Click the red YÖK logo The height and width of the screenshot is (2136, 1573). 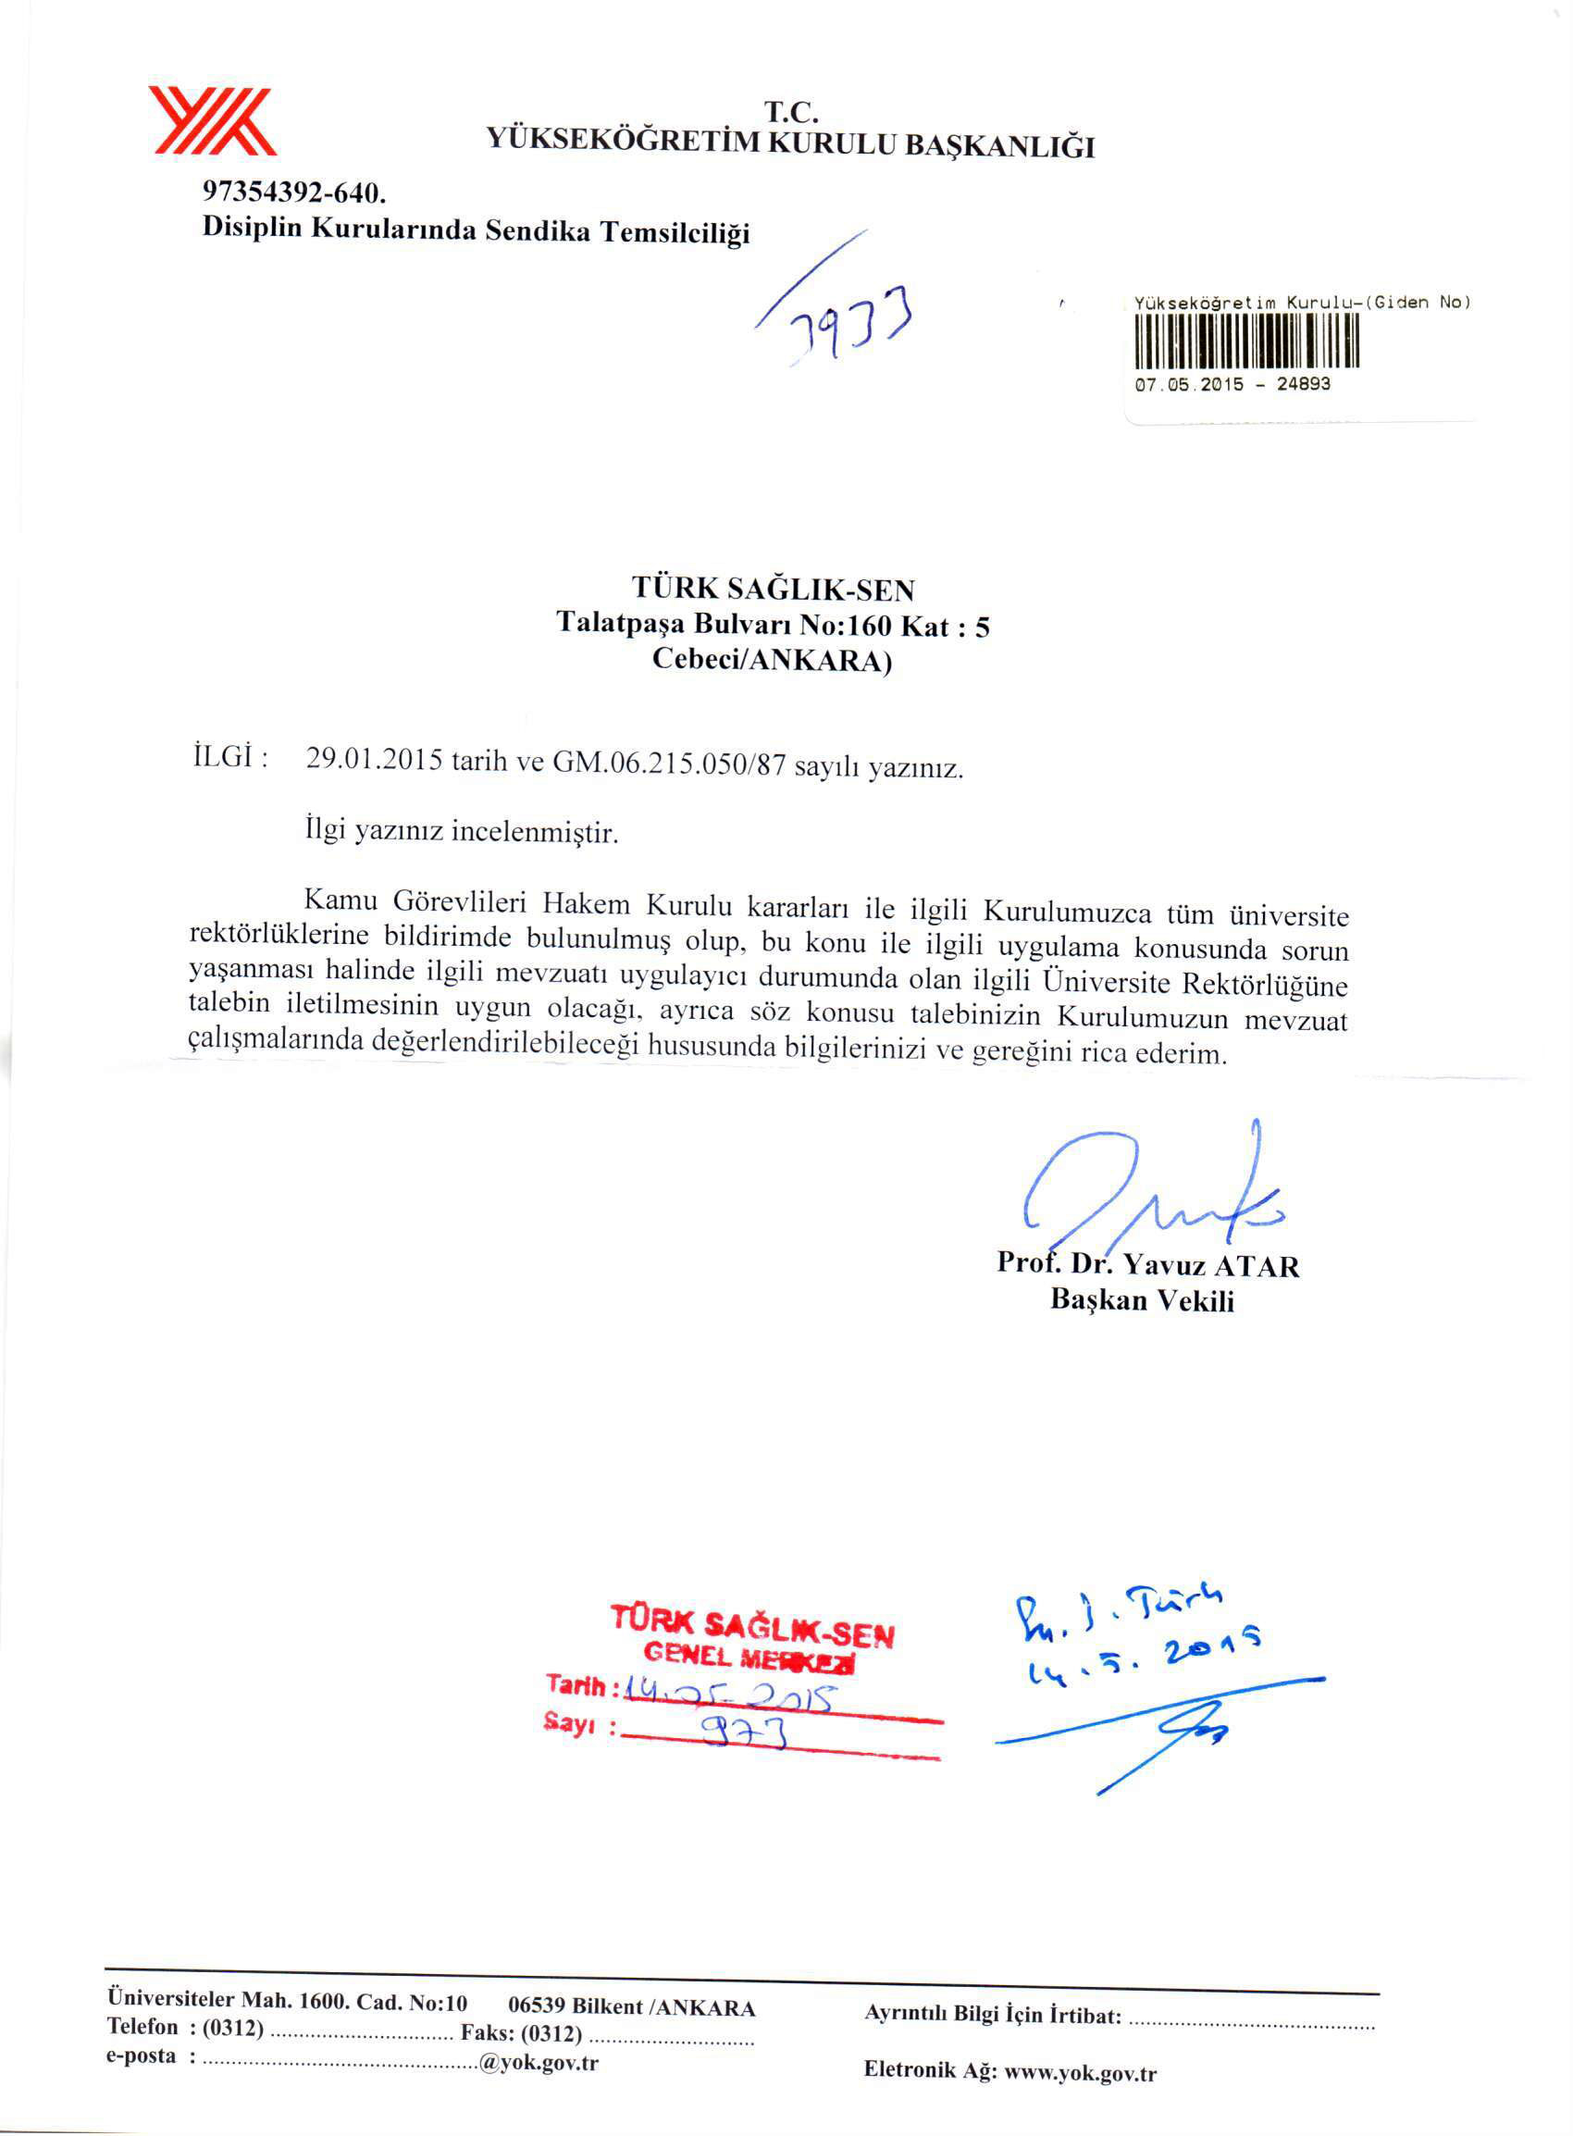click(211, 121)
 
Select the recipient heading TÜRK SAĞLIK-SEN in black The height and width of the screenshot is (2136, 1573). click(774, 590)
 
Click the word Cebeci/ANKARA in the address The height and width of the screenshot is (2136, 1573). click(772, 660)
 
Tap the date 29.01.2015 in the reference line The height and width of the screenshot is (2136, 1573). click(373, 759)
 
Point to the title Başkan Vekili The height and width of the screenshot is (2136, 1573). click(1142, 1301)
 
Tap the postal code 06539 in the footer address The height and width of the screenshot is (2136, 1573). click(537, 2006)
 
